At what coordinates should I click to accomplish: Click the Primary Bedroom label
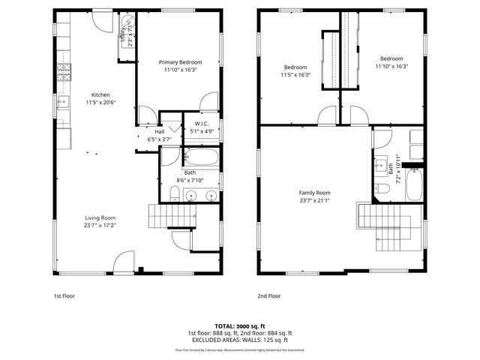click(178, 62)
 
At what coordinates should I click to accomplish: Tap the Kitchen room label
click(100, 95)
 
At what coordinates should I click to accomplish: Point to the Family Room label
click(314, 193)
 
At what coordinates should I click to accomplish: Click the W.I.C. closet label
click(201, 123)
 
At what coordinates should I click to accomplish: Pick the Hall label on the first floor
click(159, 131)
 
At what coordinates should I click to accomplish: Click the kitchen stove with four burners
click(65, 72)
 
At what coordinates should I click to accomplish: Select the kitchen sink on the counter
click(64, 103)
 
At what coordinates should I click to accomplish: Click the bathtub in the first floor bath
click(201, 158)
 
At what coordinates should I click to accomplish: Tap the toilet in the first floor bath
click(174, 196)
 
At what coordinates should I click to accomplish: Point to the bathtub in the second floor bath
click(415, 184)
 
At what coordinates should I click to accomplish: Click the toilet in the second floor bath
click(382, 190)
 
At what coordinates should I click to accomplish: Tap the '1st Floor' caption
click(63, 296)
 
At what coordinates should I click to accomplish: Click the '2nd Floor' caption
click(268, 296)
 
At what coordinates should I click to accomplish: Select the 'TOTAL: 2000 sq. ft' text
click(239, 326)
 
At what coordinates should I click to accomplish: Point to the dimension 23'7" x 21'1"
click(314, 200)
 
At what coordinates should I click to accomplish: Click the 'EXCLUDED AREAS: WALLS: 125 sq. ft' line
click(239, 340)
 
